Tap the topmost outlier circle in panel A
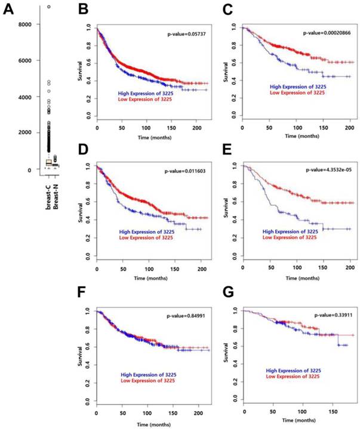pos(49,7)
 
